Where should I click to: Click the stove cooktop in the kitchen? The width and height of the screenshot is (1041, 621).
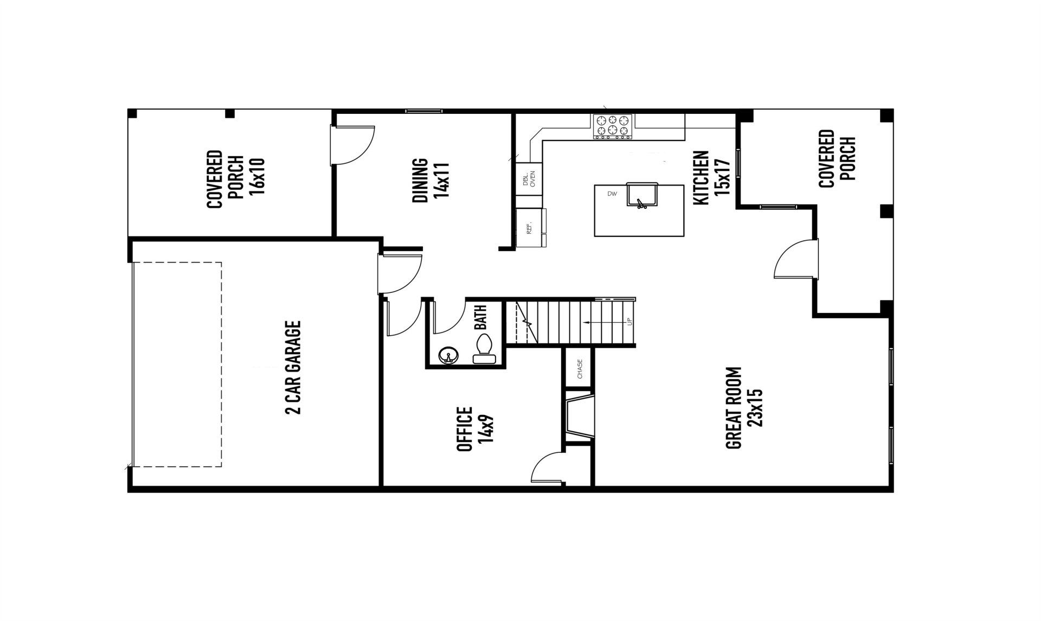point(613,126)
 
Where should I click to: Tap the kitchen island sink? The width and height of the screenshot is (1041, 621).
point(642,195)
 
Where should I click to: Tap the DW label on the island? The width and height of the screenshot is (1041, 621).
point(612,194)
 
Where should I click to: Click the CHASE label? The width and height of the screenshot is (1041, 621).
point(580,369)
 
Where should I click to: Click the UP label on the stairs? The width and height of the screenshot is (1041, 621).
point(629,322)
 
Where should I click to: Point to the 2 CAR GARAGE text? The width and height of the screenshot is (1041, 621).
point(293,368)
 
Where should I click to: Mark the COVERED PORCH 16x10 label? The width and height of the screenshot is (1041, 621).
point(235,179)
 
